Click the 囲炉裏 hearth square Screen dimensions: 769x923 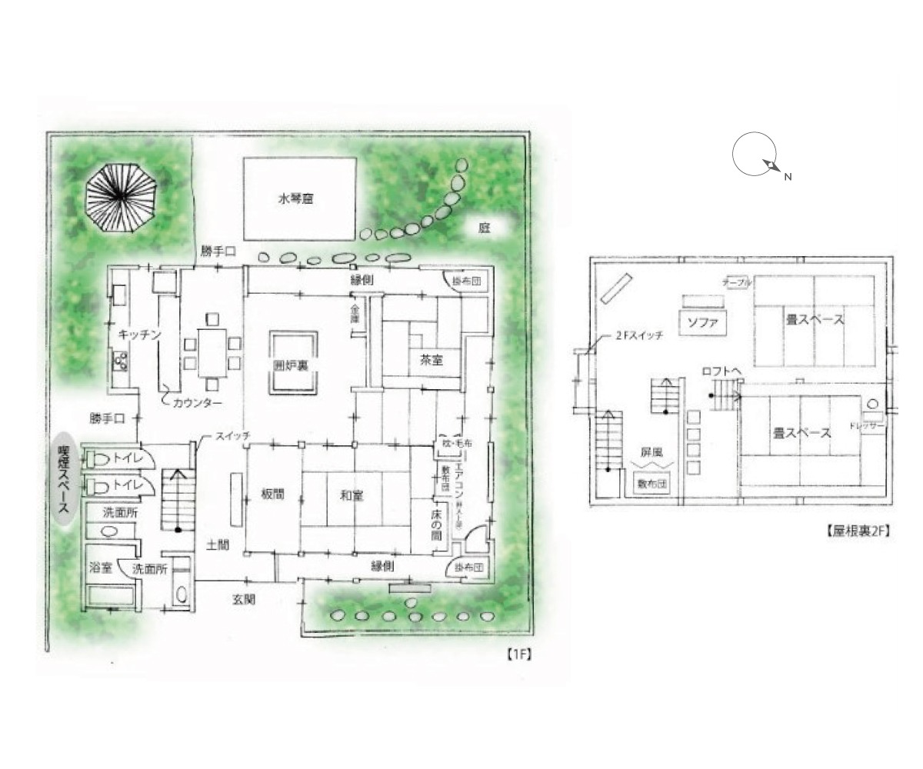point(292,364)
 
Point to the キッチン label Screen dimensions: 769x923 point(139,335)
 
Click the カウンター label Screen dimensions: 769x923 point(198,403)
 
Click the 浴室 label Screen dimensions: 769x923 point(101,568)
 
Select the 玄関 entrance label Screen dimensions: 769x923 point(244,600)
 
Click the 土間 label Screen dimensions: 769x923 point(218,544)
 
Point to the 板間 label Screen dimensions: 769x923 point(273,495)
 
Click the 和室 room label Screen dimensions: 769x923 point(352,496)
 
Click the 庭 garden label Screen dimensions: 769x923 point(485,228)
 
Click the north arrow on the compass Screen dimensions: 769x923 point(771,165)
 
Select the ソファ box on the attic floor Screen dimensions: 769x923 point(702,321)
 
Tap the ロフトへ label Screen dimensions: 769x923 point(721,371)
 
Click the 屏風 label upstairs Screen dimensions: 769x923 point(652,453)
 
